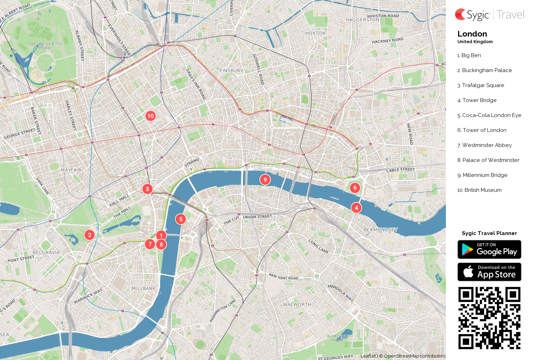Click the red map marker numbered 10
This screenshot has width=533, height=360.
tap(150, 116)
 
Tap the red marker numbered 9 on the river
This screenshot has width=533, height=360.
tap(265, 180)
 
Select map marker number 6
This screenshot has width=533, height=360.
tap(355, 188)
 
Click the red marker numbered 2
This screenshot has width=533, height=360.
tap(90, 235)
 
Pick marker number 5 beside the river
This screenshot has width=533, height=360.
tap(180, 219)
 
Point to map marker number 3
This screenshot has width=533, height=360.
tap(147, 189)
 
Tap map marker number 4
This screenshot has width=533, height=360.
tap(356, 208)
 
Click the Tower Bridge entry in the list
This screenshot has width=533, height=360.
tap(479, 100)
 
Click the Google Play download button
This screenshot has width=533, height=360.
tap(489, 249)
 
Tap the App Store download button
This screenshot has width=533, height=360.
tap(489, 272)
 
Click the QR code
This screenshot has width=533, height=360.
tap(489, 318)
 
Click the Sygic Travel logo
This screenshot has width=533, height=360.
tap(489, 15)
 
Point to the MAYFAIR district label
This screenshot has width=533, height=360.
tap(71, 170)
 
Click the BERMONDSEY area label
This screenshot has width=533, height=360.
tap(380, 230)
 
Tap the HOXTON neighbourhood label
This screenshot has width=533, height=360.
tap(315, 33)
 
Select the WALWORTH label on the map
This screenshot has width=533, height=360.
tap(297, 304)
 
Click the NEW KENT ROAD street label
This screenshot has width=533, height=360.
tap(283, 277)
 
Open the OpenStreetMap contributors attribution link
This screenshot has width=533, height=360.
tap(414, 356)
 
